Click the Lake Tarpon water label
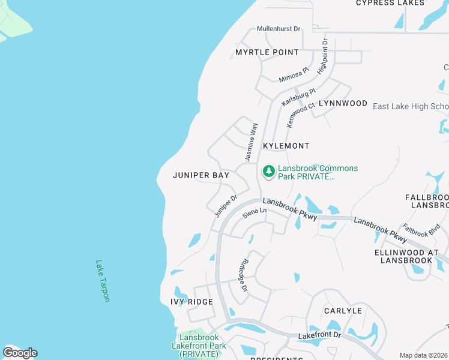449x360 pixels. pos(103,280)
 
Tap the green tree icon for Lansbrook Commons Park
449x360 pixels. pos(268,172)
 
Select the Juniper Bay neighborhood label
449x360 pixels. pos(200,175)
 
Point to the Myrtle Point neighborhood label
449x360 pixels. pos(267,52)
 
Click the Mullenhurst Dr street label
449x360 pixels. pos(279,29)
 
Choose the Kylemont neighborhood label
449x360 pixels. pos(286,146)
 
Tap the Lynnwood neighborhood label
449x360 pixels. pos(343,103)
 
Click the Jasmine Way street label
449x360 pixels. pos(250,142)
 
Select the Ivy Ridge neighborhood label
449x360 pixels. pos(191,301)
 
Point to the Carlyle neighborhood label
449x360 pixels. pos(343,311)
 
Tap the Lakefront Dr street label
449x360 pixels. pos(319,335)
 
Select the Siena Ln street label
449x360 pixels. pos(254,212)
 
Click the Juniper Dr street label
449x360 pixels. pos(226,205)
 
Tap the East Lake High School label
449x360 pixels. pos(410,107)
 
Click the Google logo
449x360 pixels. pos(20,352)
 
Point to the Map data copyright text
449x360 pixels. pos(424,355)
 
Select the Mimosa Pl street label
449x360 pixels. pos(294,75)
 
